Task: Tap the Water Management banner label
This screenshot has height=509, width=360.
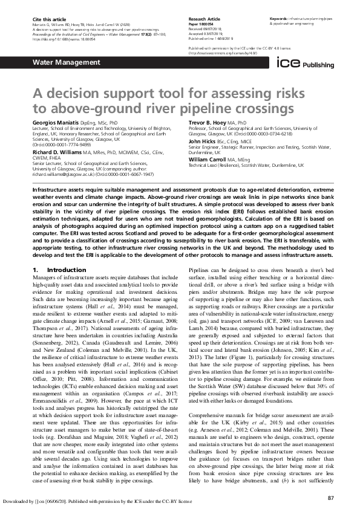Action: (x=57, y=63)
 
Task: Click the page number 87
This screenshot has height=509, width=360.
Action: (x=330, y=481)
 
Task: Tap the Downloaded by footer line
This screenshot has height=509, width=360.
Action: (x=97, y=501)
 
